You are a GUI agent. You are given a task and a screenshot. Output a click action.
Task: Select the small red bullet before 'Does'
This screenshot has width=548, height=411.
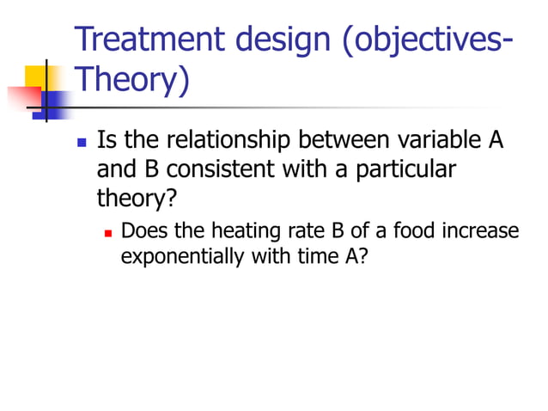click(x=108, y=232)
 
